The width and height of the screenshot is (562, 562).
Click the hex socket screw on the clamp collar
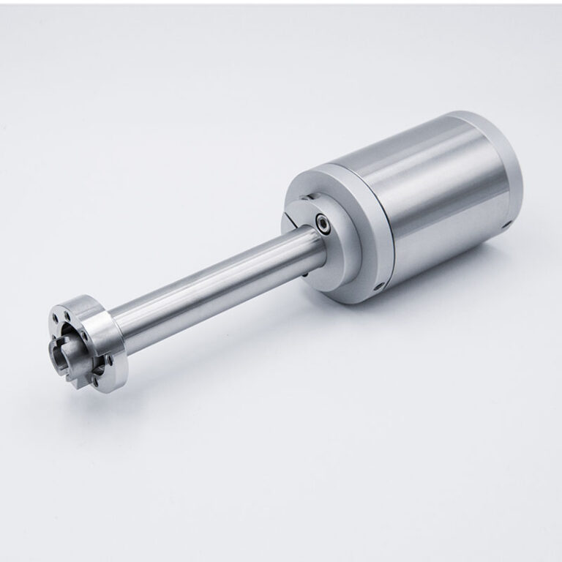[x=323, y=221]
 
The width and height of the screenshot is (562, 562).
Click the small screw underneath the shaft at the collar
[x=304, y=272]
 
